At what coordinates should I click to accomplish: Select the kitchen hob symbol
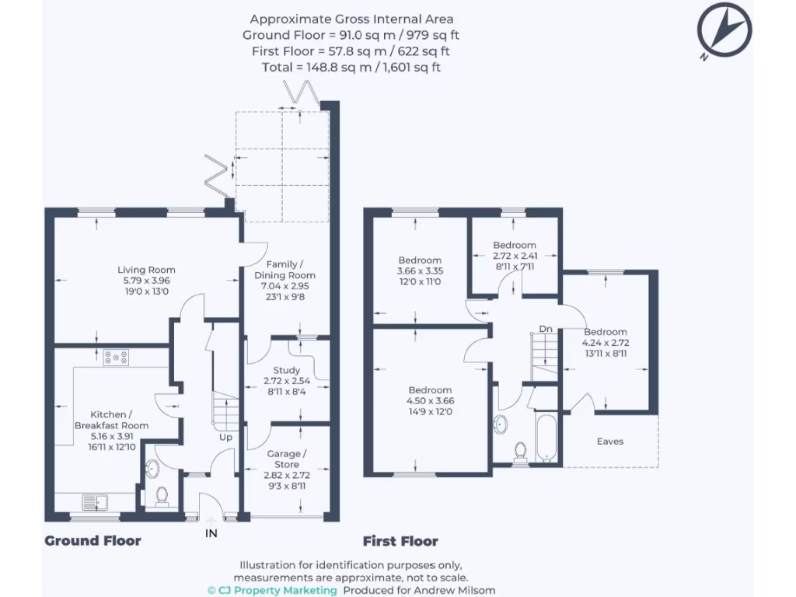click(116, 358)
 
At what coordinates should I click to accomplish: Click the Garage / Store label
click(287, 459)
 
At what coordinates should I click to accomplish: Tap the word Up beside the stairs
click(226, 438)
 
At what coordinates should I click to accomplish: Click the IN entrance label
click(211, 533)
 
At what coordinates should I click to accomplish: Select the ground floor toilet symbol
click(162, 496)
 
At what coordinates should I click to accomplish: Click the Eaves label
click(609, 442)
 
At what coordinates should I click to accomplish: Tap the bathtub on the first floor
click(546, 437)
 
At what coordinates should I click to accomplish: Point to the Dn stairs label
click(546, 329)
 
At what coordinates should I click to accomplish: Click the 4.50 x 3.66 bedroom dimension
click(430, 400)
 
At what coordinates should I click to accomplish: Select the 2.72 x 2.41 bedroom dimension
click(514, 255)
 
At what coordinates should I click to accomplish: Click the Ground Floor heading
click(93, 541)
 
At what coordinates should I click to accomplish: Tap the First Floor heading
click(400, 541)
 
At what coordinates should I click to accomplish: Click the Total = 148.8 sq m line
click(351, 68)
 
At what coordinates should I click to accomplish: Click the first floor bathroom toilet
click(520, 452)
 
